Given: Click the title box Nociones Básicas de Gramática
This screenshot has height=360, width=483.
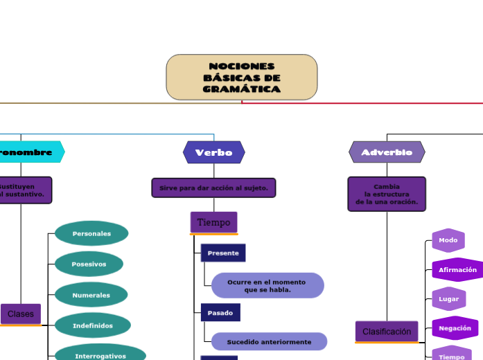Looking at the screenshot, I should pyautogui.click(x=241, y=77).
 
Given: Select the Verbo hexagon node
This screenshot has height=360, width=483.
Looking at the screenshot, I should pyautogui.click(x=213, y=152).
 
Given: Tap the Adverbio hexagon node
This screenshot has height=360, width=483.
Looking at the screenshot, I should pyautogui.click(x=387, y=152).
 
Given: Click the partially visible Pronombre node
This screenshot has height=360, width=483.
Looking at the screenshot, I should pyautogui.click(x=28, y=152).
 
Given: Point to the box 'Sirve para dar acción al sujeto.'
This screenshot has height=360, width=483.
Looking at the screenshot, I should pyautogui.click(x=213, y=188).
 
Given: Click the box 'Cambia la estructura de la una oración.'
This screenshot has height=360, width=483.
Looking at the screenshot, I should pyautogui.click(x=387, y=194).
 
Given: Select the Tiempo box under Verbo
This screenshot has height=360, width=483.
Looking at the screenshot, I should pyautogui.click(x=213, y=222).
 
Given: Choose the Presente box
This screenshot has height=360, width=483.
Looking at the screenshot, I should pyautogui.click(x=223, y=253).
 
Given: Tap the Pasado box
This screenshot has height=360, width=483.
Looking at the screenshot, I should pyautogui.click(x=220, y=313).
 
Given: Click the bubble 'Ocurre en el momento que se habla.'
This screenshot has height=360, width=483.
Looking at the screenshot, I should pyautogui.click(x=267, y=286).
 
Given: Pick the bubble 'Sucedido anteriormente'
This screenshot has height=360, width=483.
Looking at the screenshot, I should pyautogui.click(x=269, y=341).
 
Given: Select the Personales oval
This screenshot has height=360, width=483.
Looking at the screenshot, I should pyautogui.click(x=91, y=233).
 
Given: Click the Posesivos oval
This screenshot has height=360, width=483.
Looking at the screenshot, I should pyautogui.click(x=89, y=264).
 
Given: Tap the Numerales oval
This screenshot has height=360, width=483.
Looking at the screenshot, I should pyautogui.click(x=91, y=295).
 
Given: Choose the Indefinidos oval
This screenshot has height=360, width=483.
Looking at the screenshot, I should pyautogui.click(x=92, y=325).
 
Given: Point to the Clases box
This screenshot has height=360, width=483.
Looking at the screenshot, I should pyautogui.click(x=21, y=314).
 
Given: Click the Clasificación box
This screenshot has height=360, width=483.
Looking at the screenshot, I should pyautogui.click(x=387, y=332).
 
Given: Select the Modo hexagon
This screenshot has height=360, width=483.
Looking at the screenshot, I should pyautogui.click(x=448, y=240).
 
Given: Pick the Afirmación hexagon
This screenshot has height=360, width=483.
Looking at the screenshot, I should pyautogui.click(x=457, y=269).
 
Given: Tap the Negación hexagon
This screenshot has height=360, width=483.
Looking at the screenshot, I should pyautogui.click(x=455, y=327).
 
